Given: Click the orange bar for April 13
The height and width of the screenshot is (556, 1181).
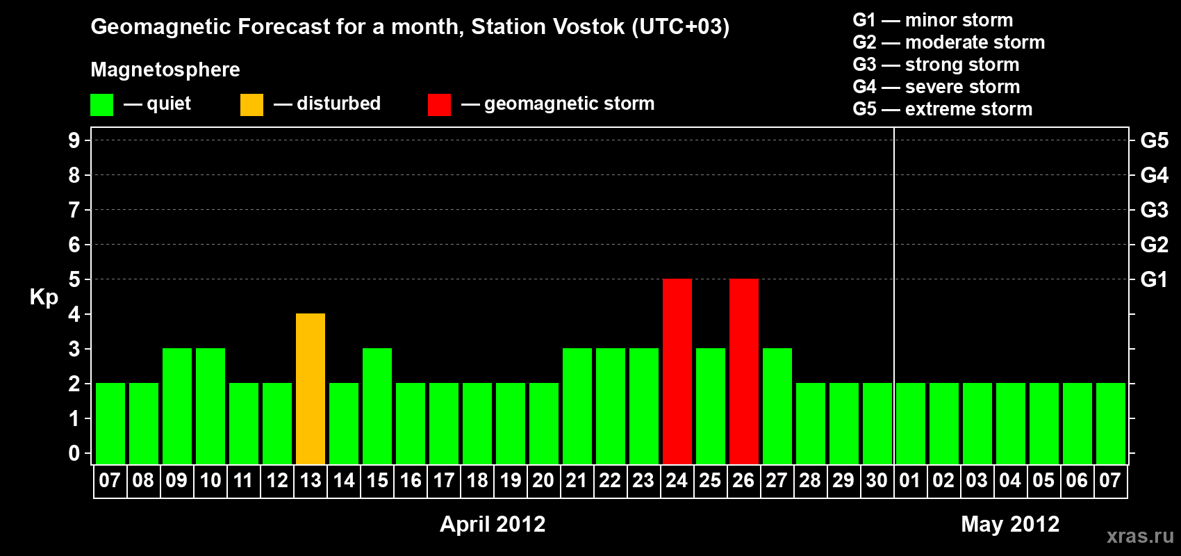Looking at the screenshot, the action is (311, 389).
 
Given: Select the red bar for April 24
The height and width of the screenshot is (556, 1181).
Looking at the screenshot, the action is (677, 371).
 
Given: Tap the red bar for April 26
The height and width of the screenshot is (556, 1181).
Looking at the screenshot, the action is (744, 371).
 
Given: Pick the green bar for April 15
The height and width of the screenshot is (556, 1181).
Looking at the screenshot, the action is (377, 406).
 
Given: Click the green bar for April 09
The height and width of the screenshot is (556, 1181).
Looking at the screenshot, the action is (177, 406).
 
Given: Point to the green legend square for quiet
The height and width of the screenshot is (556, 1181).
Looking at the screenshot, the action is (101, 104).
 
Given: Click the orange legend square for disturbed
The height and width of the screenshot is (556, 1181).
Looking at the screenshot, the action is (251, 104).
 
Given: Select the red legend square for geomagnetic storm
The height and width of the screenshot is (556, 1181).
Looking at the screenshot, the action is (439, 104).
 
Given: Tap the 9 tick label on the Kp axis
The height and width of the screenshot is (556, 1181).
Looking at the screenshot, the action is (74, 140).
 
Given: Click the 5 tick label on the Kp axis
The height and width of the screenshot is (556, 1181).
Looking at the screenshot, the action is (74, 279).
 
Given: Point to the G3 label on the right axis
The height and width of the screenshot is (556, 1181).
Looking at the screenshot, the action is (1154, 210).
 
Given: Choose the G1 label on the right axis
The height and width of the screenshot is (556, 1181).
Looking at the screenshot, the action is (1154, 279).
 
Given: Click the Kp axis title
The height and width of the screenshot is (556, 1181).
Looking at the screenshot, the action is (44, 297).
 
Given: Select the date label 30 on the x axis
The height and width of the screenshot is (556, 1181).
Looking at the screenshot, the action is (877, 480).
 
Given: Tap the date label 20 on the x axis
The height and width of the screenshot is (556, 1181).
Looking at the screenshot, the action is (543, 480).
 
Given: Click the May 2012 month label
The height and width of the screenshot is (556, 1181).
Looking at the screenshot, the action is (1010, 524).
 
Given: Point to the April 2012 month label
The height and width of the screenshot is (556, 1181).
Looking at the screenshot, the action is (493, 524).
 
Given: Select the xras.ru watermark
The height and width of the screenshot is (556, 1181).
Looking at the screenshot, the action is (1141, 536).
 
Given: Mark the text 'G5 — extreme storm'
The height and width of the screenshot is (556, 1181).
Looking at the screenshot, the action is (943, 109).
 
